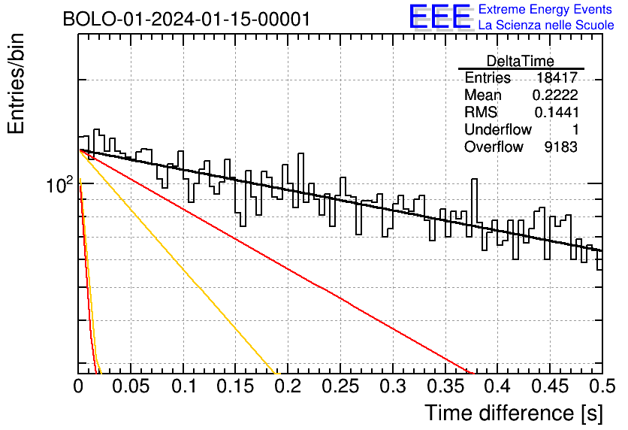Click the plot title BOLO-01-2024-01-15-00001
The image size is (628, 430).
pos(186,19)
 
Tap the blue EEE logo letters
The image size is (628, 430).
pos(440,17)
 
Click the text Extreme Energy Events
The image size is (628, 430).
pos(545,9)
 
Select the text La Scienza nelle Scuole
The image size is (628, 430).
pos(546,25)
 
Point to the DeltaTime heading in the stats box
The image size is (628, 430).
pos(521,61)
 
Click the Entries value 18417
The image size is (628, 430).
pos(557,77)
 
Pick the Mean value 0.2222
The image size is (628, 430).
pos(555,95)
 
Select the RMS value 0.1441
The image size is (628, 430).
pos(557,112)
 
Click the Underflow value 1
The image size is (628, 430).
pos(575,129)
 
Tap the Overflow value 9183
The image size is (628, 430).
pos(560,147)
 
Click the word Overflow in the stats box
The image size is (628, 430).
pos(494,147)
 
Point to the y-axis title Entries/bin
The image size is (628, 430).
pos(16,83)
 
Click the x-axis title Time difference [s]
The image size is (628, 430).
pos(514,413)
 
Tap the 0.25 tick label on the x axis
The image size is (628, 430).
pos(340,386)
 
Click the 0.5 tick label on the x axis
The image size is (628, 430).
pos(602,386)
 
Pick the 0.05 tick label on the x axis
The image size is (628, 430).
pos(131,386)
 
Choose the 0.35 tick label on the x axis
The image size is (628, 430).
pos(445,386)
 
